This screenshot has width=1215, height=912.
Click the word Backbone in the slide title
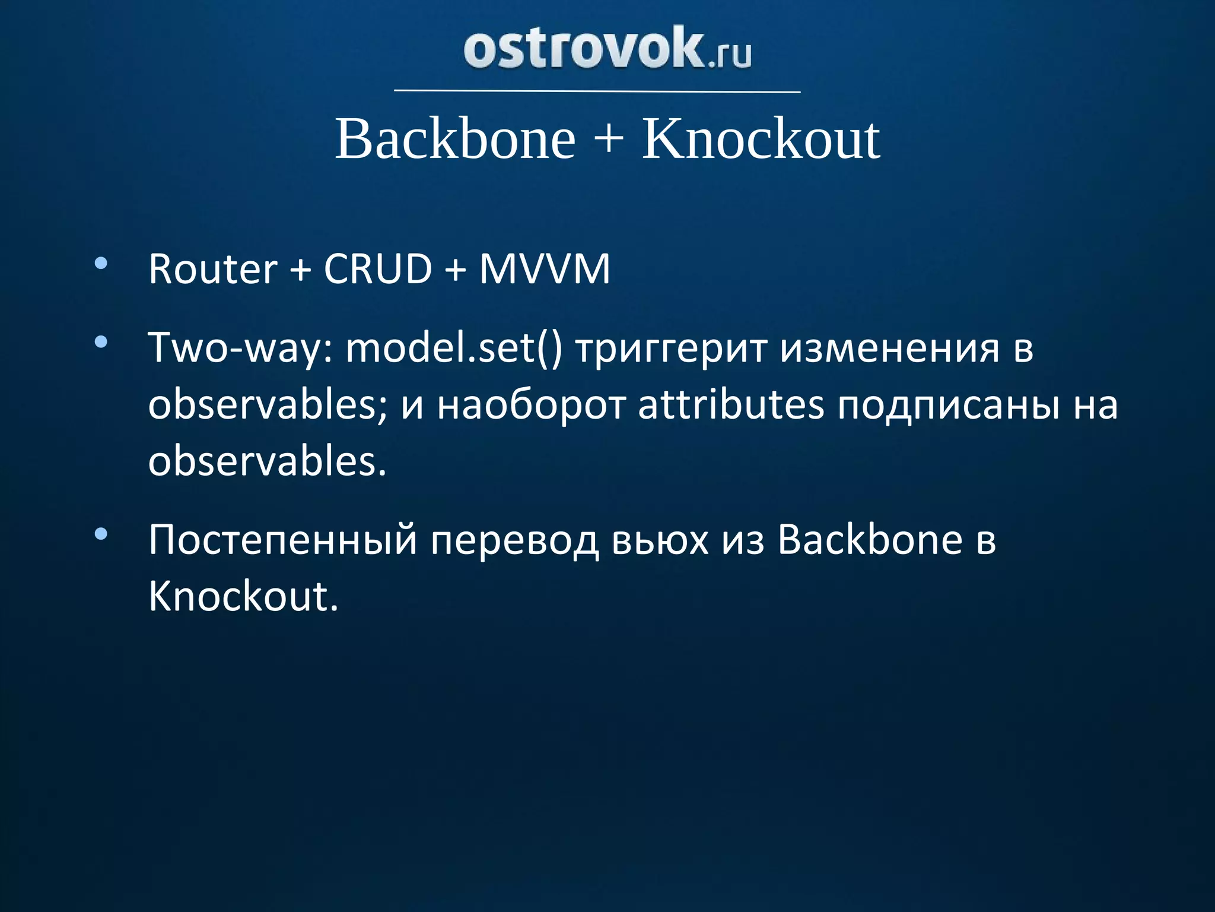[x=455, y=139]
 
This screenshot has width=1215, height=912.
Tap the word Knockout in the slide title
[x=761, y=139]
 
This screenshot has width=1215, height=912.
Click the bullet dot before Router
[x=101, y=264]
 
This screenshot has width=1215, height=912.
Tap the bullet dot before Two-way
[x=101, y=342]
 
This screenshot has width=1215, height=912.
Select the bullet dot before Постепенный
[x=101, y=534]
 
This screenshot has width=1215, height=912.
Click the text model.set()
[x=453, y=349]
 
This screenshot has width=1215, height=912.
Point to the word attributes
[x=731, y=406]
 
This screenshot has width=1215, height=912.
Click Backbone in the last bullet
[x=870, y=540]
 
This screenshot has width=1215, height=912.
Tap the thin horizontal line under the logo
[x=597, y=91]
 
